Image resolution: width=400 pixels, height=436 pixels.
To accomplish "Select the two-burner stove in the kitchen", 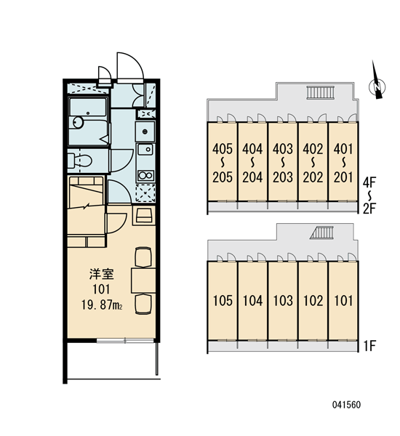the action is pos(145,175).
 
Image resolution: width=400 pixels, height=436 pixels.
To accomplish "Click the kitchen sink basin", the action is pos(145,150).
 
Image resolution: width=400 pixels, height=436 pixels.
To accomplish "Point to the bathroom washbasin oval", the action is pos(79,122).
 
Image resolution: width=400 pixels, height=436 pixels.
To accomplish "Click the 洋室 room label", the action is pos(102,274).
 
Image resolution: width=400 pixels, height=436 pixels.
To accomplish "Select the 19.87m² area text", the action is pos(102,305).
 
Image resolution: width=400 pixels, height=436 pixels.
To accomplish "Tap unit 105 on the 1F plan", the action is pos(223,301).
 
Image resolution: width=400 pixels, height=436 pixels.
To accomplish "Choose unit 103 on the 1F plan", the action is pos(283,301).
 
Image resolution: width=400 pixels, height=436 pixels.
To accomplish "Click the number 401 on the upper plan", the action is pos(343,149).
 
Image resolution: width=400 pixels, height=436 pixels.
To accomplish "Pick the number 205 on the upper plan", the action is pos(223,177).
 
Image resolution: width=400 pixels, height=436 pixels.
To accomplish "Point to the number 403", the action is pos(283,149).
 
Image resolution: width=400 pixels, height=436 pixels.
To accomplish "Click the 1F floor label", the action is pos(369,346).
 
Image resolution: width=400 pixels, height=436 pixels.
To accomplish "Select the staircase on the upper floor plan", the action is pos(321,92).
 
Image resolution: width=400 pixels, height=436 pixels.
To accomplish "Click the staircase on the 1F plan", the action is pos(321,233).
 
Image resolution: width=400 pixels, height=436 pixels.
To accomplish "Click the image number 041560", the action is pos(347,405).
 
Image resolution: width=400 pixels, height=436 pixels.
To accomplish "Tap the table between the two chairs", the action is pos(143,280).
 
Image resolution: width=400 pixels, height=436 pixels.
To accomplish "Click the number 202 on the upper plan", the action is pos(313,177).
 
